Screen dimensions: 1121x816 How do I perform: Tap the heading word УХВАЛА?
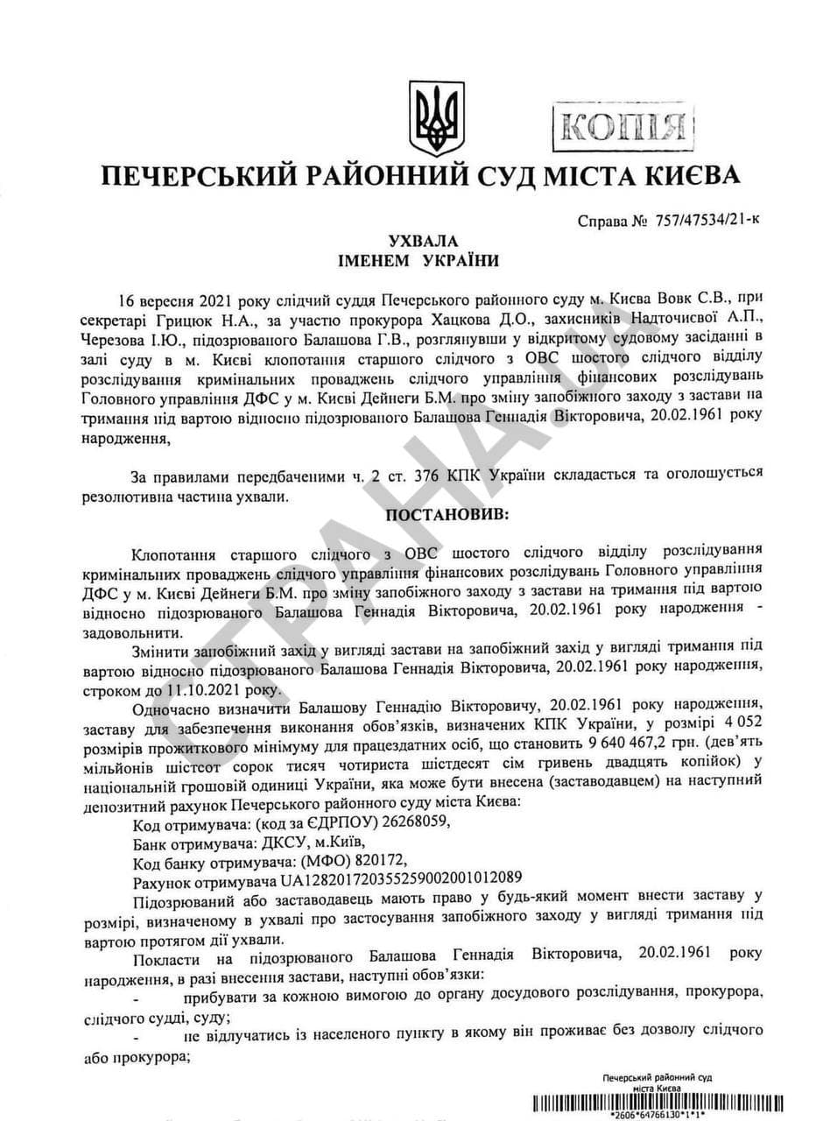[424, 240]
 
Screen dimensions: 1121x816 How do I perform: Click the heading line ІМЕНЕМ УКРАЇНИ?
[424, 261]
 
